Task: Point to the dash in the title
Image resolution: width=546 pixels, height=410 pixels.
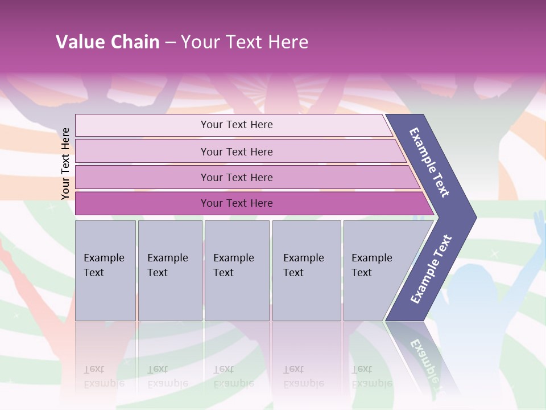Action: pos(170,43)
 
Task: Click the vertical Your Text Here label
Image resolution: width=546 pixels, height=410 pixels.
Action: pos(65,163)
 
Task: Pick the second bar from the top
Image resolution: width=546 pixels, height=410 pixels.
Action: pos(237,151)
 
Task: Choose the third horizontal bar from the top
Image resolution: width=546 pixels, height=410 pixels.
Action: pos(237,177)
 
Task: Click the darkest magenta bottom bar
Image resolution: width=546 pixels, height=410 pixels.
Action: pos(237,203)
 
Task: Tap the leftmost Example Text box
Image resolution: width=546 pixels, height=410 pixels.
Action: pos(105,270)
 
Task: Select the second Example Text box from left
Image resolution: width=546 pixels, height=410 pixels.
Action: pos(169,270)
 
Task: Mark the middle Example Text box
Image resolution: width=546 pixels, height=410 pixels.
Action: pos(237,270)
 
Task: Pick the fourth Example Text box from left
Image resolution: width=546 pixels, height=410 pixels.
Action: pos(306,270)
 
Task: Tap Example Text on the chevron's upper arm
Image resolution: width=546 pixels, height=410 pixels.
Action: pos(429,162)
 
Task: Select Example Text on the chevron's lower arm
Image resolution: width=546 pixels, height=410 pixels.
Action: pos(431,269)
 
